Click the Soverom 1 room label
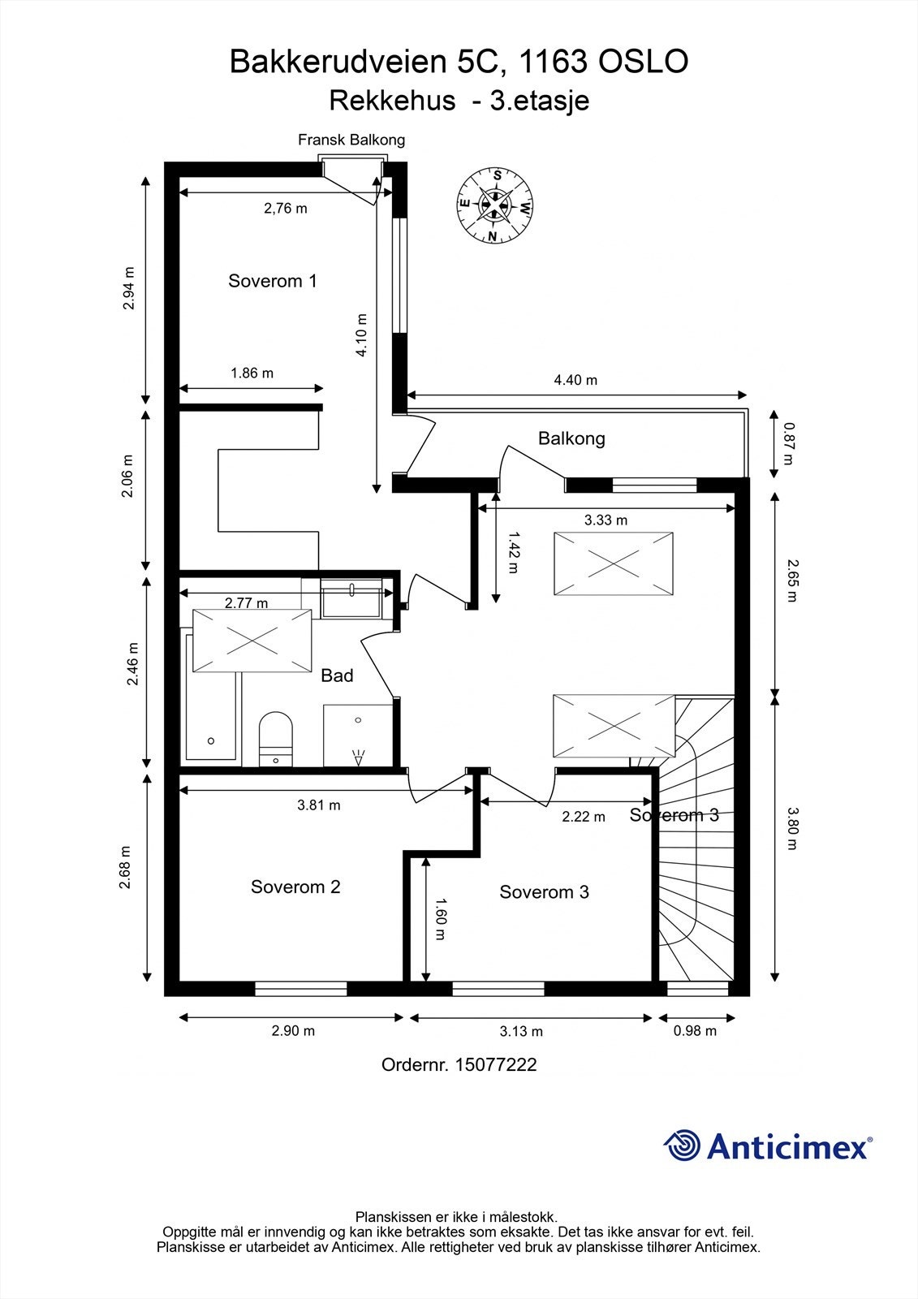[x=273, y=281]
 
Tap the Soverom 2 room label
[x=295, y=887]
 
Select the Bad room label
[x=337, y=675]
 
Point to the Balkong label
[x=571, y=438]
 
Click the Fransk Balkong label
[x=351, y=140]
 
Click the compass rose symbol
[x=494, y=205]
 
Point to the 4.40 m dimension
[x=575, y=381]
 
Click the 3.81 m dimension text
[x=319, y=805]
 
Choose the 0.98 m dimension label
[x=695, y=1030]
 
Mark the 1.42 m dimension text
[x=513, y=553]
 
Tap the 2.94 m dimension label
[x=129, y=288]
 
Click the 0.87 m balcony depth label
[x=789, y=443]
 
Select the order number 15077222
[x=496, y=1064]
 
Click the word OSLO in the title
[x=643, y=62]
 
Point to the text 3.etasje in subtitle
[x=540, y=101]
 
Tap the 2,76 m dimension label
[x=286, y=208]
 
